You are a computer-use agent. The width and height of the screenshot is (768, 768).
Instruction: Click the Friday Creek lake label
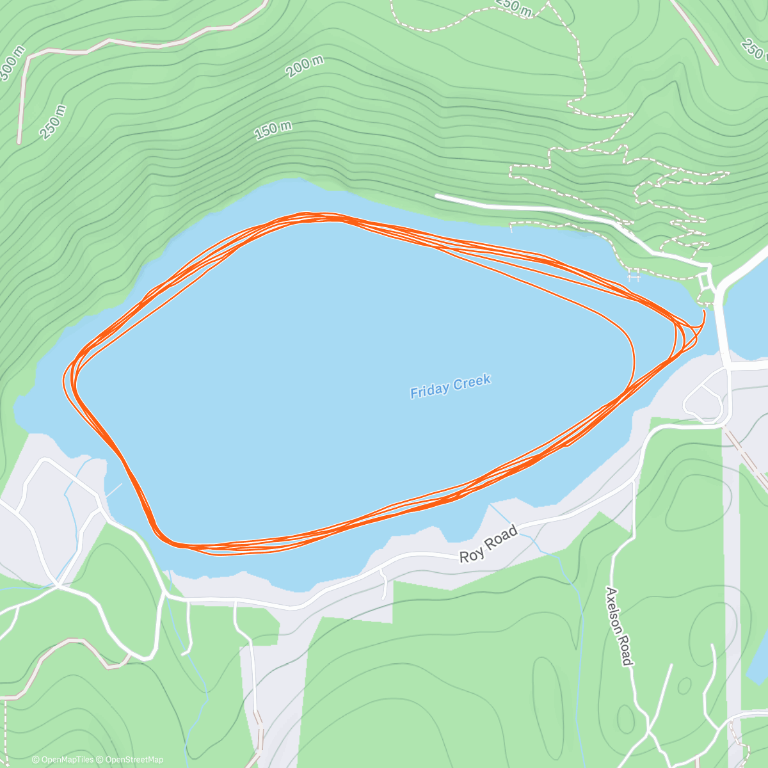tap(451, 387)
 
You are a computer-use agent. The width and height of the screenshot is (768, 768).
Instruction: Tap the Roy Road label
tap(488, 545)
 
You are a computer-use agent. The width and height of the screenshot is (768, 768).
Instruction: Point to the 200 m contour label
tap(305, 66)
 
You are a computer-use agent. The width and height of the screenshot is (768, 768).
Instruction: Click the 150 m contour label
tap(273, 130)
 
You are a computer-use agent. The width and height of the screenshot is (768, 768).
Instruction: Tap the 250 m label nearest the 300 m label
tap(52, 122)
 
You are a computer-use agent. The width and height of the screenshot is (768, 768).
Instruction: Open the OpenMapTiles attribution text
tap(63, 760)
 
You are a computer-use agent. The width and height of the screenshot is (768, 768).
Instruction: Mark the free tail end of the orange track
tap(704, 312)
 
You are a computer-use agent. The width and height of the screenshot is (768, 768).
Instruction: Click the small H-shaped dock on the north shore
tap(634, 276)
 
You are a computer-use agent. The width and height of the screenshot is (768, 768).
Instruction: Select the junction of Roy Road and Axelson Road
tap(634, 479)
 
